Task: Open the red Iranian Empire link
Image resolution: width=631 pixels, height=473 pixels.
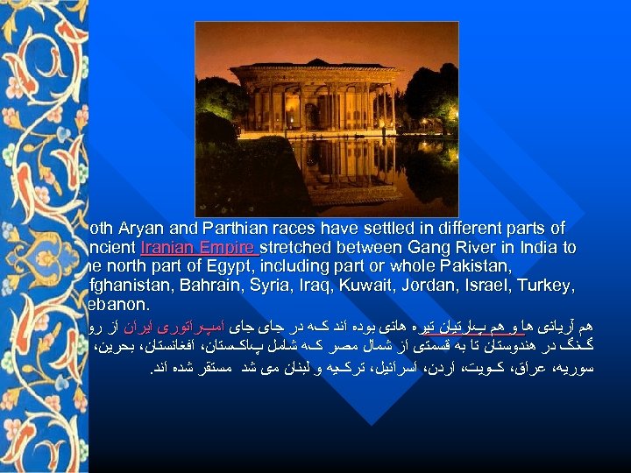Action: [x=199, y=248]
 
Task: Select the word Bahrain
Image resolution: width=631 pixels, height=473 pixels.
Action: [x=208, y=286]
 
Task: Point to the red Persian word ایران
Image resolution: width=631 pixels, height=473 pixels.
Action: [x=571, y=328]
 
